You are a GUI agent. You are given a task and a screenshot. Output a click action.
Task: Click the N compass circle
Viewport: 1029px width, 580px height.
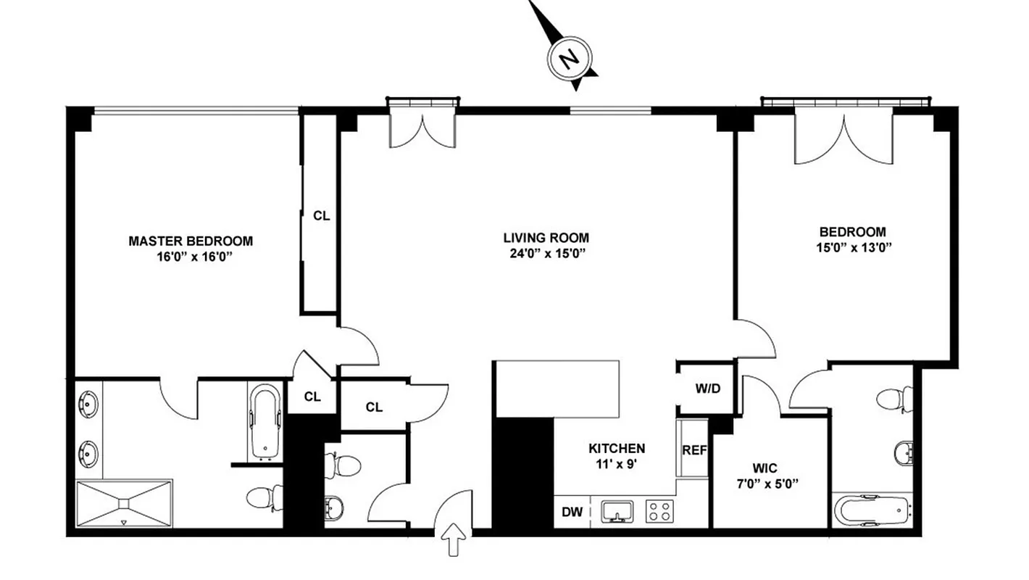tap(571, 58)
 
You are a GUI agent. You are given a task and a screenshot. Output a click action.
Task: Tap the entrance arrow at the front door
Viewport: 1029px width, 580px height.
tap(453, 540)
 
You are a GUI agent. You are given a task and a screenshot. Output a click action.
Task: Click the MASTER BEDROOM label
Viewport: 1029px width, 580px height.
tap(191, 241)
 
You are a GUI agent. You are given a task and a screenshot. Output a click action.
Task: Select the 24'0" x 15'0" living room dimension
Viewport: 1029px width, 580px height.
tap(546, 253)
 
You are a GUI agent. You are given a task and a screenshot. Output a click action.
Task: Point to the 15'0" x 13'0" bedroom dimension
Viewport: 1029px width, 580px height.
tap(852, 247)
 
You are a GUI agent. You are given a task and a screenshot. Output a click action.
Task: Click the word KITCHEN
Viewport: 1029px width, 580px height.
tap(616, 448)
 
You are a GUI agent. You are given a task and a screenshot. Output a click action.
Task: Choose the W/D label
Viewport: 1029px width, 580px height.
tap(708, 388)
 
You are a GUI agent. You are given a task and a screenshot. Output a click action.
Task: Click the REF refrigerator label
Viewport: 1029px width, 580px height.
tap(693, 449)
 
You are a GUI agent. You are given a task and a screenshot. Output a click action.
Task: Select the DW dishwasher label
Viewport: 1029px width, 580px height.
tap(572, 512)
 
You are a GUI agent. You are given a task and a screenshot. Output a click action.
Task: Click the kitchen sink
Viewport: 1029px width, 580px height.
tap(617, 511)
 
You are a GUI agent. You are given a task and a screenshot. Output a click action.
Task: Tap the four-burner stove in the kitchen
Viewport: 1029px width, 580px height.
tap(659, 511)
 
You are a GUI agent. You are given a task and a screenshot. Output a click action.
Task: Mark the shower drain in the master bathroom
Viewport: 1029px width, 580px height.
tap(124, 502)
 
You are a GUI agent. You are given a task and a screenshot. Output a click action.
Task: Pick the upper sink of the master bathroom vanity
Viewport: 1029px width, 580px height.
tap(89, 402)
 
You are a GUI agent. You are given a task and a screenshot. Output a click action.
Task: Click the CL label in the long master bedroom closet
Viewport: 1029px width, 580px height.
tap(321, 215)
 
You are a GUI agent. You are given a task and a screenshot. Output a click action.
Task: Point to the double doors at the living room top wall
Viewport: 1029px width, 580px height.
tap(422, 129)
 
